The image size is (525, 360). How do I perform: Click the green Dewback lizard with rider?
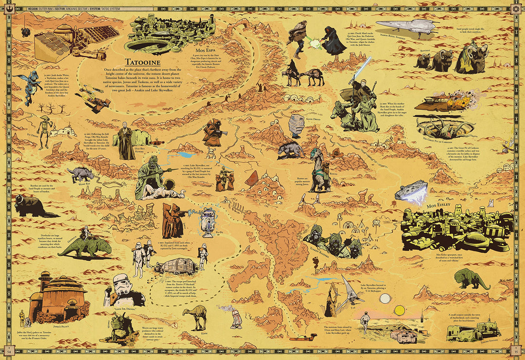(85, 245)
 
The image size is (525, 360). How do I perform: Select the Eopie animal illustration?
(194, 316)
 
